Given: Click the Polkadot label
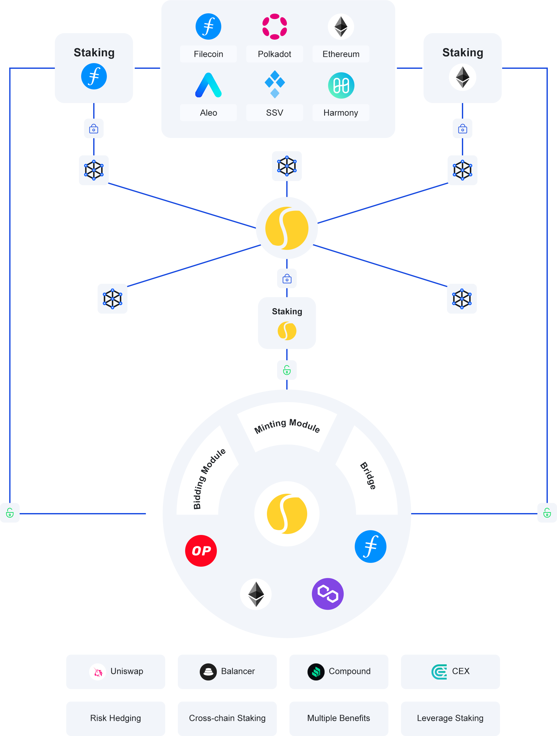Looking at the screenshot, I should point(275,54).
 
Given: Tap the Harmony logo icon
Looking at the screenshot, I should point(341,86).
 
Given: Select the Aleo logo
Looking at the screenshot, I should point(208,86).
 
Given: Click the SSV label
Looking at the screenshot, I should point(275,113).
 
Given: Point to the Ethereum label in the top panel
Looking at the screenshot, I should point(341,54).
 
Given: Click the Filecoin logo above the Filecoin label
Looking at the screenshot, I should point(208,27).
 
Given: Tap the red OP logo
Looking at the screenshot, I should point(201,551).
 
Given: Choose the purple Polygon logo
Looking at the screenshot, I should point(328,594).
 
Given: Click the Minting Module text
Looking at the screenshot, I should point(287,426).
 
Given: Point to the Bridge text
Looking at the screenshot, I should point(368,476).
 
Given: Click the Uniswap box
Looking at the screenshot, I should point(116,671).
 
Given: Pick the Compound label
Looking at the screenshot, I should point(349,671).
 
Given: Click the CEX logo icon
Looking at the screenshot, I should point(439,671).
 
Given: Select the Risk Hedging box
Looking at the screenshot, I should point(116,718).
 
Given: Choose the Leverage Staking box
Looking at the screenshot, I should point(450,718).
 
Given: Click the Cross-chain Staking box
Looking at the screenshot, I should point(227,718).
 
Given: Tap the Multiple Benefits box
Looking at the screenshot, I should point(339,718).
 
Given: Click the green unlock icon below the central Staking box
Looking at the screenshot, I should point(287,370).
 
